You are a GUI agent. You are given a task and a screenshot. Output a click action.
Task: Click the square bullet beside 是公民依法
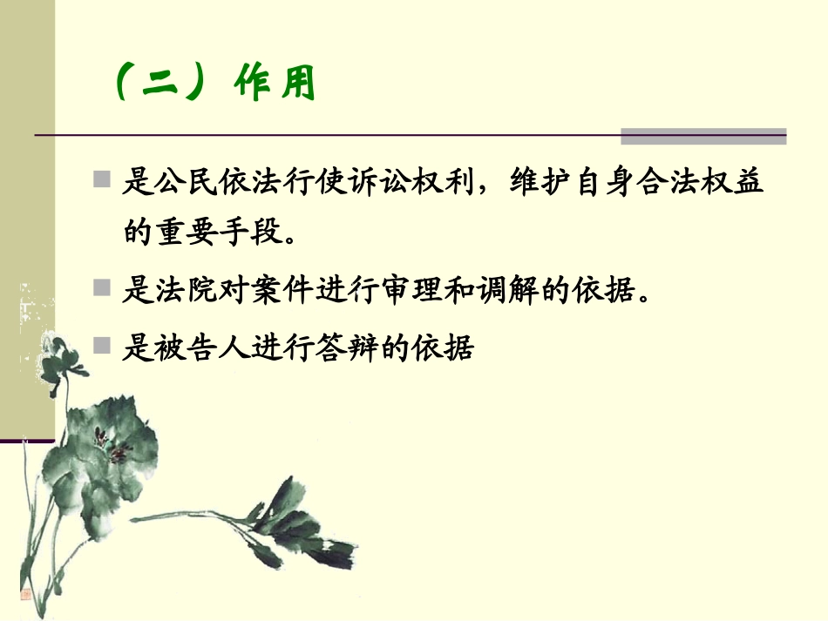tap(103, 180)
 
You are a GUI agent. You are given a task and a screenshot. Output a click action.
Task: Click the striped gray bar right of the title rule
tap(702, 136)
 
